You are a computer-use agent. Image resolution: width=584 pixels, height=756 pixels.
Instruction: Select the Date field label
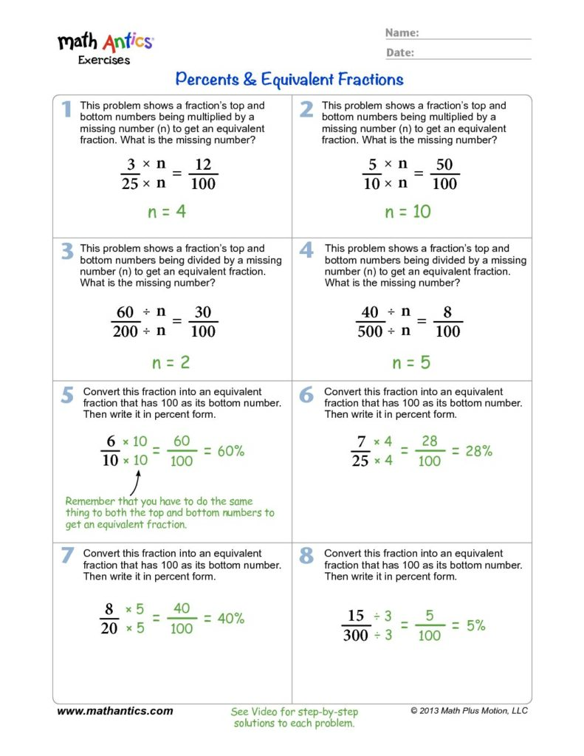tap(399, 52)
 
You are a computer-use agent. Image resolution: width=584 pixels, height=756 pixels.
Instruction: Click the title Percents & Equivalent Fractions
tap(289, 79)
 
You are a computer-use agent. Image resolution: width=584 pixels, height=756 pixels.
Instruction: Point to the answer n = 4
tap(167, 213)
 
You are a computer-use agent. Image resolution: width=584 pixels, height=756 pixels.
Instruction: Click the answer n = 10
tap(408, 213)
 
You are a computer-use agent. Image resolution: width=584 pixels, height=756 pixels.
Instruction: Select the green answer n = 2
tap(171, 362)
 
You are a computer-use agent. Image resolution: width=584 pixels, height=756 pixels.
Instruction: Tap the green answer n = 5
tap(411, 362)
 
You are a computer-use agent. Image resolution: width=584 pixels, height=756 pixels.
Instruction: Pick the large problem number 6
tap(306, 395)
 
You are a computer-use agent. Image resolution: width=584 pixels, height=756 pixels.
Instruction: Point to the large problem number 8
tap(306, 557)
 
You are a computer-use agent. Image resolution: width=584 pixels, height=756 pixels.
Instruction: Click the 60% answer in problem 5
tap(230, 451)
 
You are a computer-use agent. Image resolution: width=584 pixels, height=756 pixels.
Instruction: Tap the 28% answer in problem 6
tap(478, 451)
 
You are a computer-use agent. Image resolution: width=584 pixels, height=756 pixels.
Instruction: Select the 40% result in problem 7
tap(230, 619)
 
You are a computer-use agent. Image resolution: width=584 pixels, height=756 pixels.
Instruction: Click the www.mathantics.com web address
tap(114, 711)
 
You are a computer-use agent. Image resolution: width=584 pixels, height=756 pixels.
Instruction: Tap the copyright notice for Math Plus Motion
tap(469, 711)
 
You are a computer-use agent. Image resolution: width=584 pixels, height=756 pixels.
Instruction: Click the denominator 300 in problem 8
tap(356, 635)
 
